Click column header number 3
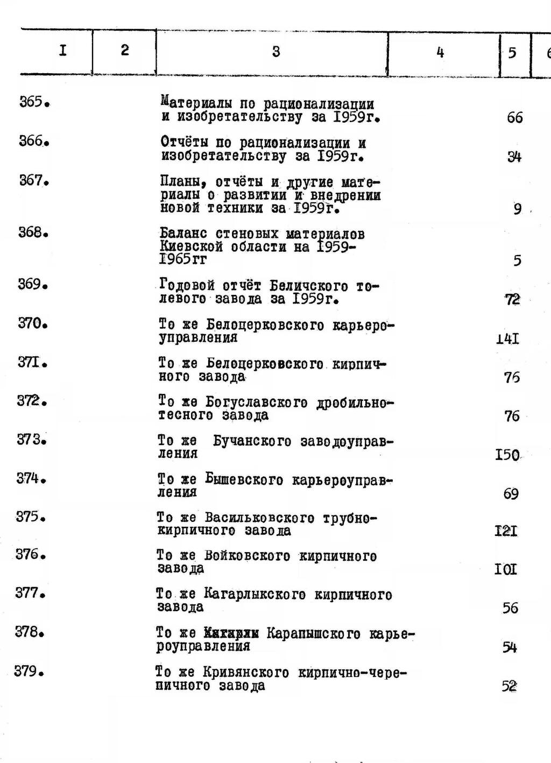click(275, 52)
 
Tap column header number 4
click(440, 52)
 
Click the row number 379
click(29, 672)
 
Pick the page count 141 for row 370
click(507, 339)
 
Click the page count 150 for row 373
click(507, 455)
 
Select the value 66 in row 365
click(514, 118)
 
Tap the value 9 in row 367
click(517, 209)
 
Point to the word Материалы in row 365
click(195, 103)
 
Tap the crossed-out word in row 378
click(232, 634)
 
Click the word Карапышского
click(314, 634)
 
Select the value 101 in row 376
click(505, 569)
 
